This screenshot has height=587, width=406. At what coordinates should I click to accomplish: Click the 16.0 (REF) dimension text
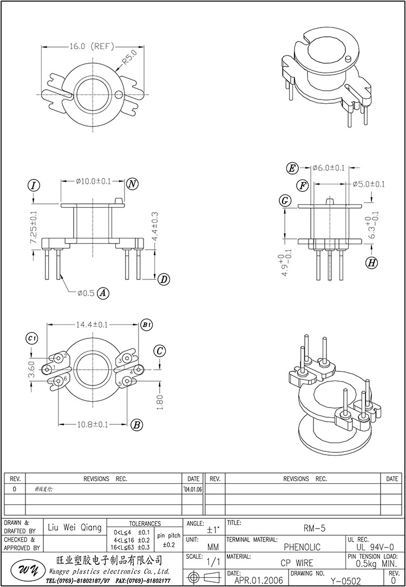tap(90, 46)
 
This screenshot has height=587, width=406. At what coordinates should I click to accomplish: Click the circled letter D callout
tap(163, 279)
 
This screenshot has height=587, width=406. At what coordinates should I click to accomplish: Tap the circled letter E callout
tap(292, 168)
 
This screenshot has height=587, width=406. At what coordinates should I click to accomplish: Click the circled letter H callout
tap(371, 263)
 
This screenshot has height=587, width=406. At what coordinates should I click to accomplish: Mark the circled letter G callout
tap(285, 201)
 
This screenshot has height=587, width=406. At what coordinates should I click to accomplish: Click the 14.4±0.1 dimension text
tap(91, 324)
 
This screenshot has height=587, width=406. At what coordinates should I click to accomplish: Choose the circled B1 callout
tap(147, 325)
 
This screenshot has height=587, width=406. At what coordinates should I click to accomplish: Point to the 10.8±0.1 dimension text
tap(91, 425)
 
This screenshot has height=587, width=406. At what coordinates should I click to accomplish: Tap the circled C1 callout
tap(32, 338)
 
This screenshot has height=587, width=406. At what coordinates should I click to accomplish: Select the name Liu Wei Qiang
tap(75, 528)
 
